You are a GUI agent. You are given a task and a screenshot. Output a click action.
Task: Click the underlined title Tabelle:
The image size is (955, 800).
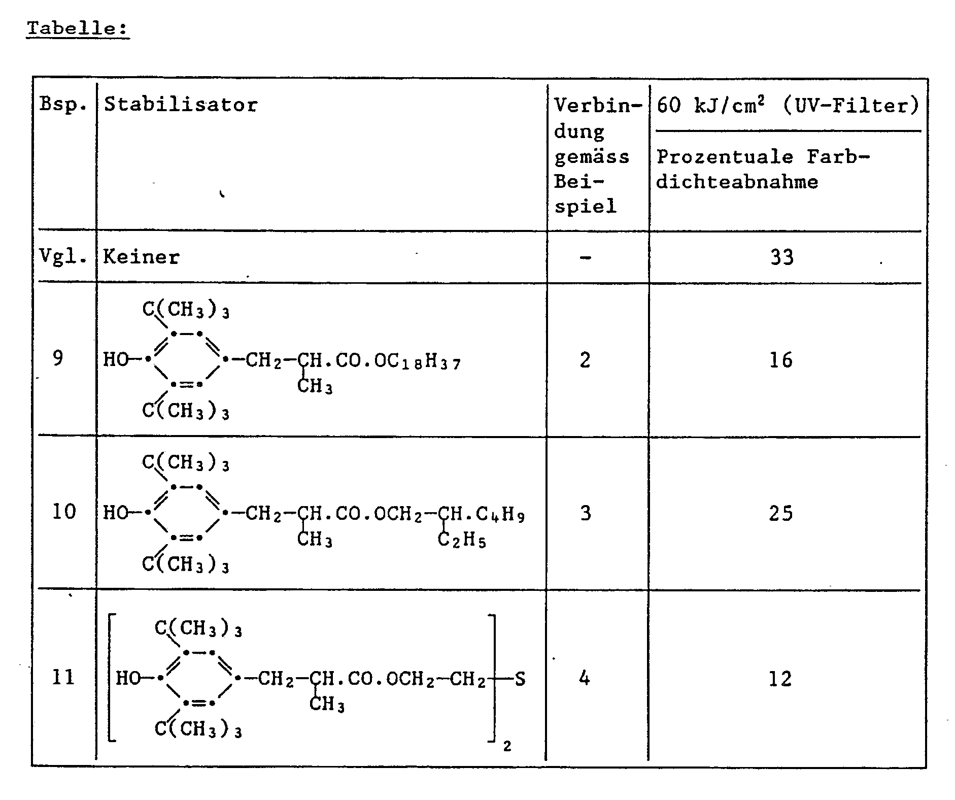point(78,28)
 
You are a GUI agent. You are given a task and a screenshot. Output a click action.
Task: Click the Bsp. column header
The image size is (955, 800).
point(63,105)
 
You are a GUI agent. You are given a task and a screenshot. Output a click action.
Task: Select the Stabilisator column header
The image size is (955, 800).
point(181,105)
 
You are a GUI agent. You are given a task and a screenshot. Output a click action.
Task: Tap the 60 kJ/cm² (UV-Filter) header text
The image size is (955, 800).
point(788,106)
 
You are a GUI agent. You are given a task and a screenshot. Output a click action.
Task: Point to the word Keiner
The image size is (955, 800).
point(141,257)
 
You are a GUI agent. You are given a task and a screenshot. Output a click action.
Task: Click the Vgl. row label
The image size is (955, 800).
point(63,257)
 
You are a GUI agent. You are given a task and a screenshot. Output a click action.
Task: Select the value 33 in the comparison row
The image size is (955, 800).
point(781,257)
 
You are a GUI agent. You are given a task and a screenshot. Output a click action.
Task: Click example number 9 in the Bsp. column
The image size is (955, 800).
point(58,358)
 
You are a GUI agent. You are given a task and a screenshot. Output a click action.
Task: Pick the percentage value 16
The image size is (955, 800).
point(780,360)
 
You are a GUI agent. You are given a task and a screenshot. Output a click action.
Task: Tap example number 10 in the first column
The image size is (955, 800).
point(64,511)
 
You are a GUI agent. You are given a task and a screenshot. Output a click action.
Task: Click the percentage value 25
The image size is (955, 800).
point(780,513)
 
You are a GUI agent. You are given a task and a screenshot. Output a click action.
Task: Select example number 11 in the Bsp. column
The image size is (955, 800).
point(64,677)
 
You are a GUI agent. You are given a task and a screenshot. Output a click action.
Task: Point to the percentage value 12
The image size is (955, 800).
point(780,679)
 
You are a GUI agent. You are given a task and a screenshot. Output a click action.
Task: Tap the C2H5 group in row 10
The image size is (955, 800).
point(461,540)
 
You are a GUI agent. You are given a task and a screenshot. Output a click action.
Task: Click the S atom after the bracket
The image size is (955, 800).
point(520,679)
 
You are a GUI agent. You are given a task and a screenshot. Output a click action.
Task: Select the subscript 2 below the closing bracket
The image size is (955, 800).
point(507,746)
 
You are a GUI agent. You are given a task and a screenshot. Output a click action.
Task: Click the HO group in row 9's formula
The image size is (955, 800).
point(116,360)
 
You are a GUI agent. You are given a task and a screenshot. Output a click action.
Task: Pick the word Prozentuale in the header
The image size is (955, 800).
point(725,156)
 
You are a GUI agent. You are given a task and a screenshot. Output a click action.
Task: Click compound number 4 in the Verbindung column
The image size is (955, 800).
point(585,678)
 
